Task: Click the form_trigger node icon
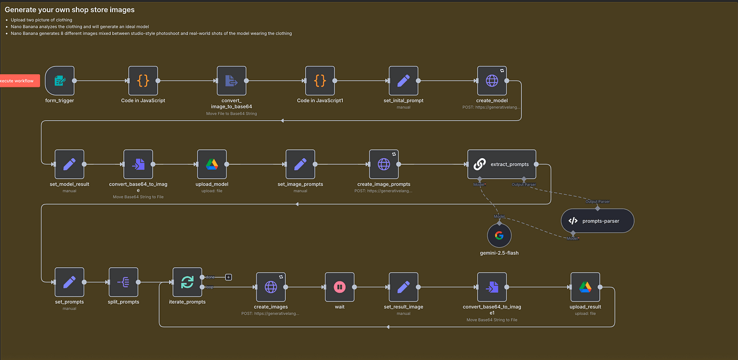point(60,81)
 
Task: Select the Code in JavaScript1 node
point(320,81)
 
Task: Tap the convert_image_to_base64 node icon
point(231,81)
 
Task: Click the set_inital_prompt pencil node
point(403,81)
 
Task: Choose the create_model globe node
point(492,81)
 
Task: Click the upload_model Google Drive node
point(212,164)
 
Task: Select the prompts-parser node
point(597,221)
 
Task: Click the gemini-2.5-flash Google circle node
point(499,236)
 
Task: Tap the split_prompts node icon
point(123,282)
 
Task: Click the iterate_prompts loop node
point(187,282)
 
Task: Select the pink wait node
point(339,287)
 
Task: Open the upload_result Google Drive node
point(585,287)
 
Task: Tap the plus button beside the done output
point(228,277)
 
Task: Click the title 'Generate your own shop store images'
point(70,9)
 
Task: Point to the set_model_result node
point(69,164)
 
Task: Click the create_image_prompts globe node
point(383,164)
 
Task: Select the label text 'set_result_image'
point(403,307)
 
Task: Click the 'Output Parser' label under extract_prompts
point(524,184)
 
